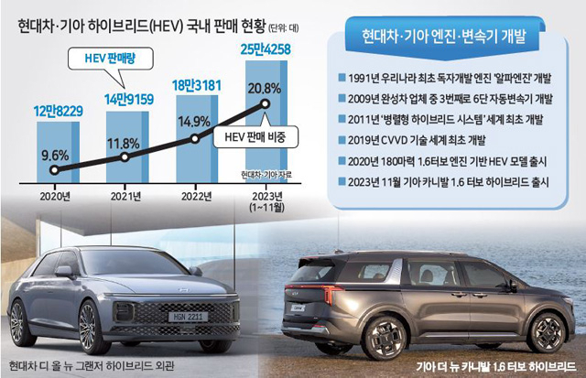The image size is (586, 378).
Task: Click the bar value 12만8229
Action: coord(58,112)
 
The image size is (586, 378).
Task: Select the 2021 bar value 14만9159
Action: coord(128,100)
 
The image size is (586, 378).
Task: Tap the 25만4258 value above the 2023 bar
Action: coord(266,49)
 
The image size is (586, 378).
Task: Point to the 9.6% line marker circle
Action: coord(55,170)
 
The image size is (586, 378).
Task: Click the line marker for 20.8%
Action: coord(266,103)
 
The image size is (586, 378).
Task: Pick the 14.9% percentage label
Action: coord(194,122)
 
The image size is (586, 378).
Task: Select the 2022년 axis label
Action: coord(196,197)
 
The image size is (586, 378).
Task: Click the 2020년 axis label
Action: coord(55,197)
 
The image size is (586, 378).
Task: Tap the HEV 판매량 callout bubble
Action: coord(111,59)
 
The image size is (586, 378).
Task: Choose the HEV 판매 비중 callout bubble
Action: coord(255,137)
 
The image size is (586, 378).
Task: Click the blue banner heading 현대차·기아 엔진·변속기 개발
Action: coord(444,37)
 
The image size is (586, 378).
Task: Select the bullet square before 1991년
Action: coord(342,78)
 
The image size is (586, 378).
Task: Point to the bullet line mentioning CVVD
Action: coord(412,140)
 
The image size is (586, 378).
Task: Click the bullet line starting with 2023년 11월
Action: coord(443,182)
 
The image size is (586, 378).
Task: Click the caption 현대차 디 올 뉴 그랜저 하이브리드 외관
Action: coord(92,365)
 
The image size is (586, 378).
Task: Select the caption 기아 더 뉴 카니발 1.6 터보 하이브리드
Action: coord(496,367)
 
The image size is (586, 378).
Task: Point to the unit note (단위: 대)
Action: coord(284,27)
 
